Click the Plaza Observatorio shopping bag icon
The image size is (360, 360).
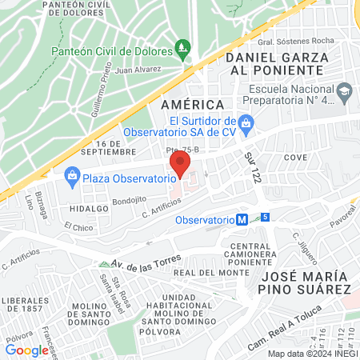72,175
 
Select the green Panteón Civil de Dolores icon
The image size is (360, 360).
183,50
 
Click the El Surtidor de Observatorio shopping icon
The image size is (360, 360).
247,122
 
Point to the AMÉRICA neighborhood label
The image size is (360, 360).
191,105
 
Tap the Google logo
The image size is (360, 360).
26,350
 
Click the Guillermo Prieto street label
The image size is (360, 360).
108,94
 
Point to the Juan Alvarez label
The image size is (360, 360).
138,70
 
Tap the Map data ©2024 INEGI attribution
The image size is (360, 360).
312,353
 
